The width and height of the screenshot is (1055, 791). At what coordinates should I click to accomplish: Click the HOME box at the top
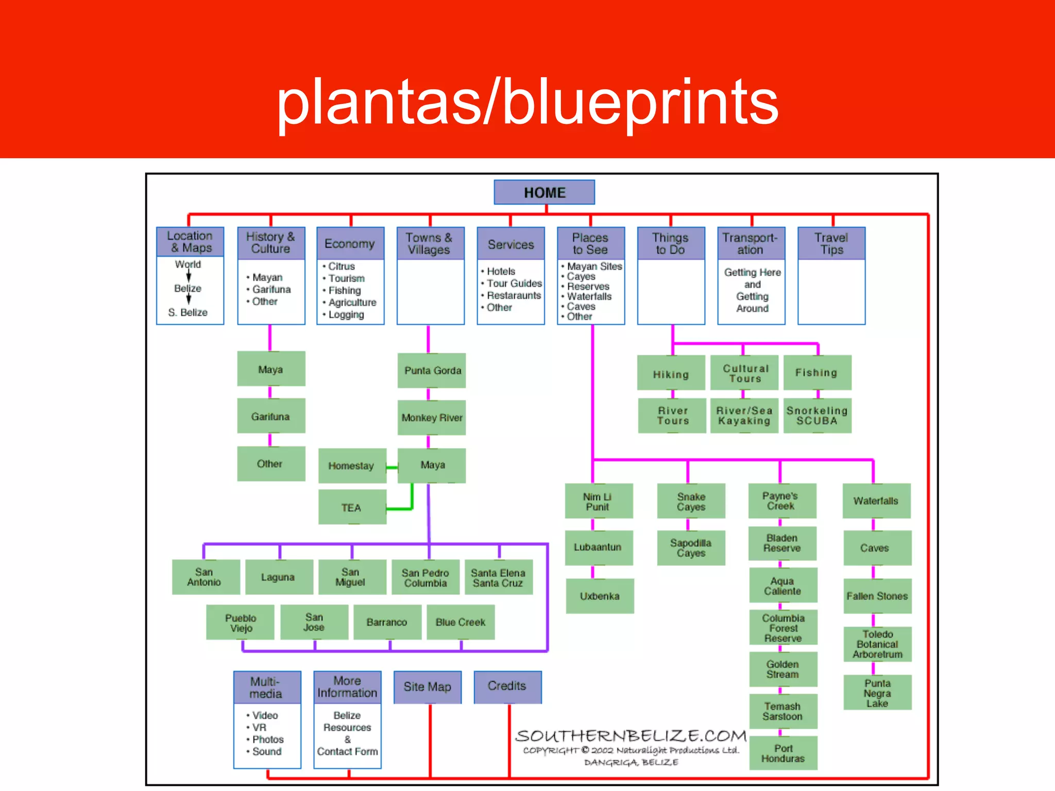(544, 193)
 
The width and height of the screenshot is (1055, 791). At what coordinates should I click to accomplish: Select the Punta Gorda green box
(432, 371)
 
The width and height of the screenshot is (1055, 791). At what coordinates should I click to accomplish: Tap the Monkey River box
(432, 418)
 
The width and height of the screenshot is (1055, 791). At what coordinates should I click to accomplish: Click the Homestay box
(352, 466)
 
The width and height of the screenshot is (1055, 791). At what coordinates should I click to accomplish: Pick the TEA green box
(352, 508)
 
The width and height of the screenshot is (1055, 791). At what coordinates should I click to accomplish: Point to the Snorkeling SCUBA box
(817, 416)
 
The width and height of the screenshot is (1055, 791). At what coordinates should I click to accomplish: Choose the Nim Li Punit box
(598, 501)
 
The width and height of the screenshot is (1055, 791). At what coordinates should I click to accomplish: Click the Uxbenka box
(600, 596)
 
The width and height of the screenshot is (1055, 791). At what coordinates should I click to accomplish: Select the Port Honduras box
(783, 753)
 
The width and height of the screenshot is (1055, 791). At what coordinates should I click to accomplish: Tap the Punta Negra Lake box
(877, 693)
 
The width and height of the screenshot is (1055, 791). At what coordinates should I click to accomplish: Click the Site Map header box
(427, 687)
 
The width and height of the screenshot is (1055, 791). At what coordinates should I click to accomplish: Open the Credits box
(507, 686)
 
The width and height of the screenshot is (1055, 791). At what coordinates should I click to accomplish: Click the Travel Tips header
(831, 244)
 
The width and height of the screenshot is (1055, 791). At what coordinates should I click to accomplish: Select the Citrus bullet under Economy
(342, 266)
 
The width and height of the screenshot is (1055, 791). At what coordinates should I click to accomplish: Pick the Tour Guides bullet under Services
(514, 283)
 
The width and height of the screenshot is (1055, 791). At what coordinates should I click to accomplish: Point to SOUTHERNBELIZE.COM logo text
(631, 736)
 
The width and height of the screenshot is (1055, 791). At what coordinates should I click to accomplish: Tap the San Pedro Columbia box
(426, 578)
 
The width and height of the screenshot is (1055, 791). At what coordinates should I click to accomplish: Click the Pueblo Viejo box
(241, 623)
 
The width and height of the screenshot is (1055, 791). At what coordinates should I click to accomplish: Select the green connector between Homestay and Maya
(392, 468)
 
